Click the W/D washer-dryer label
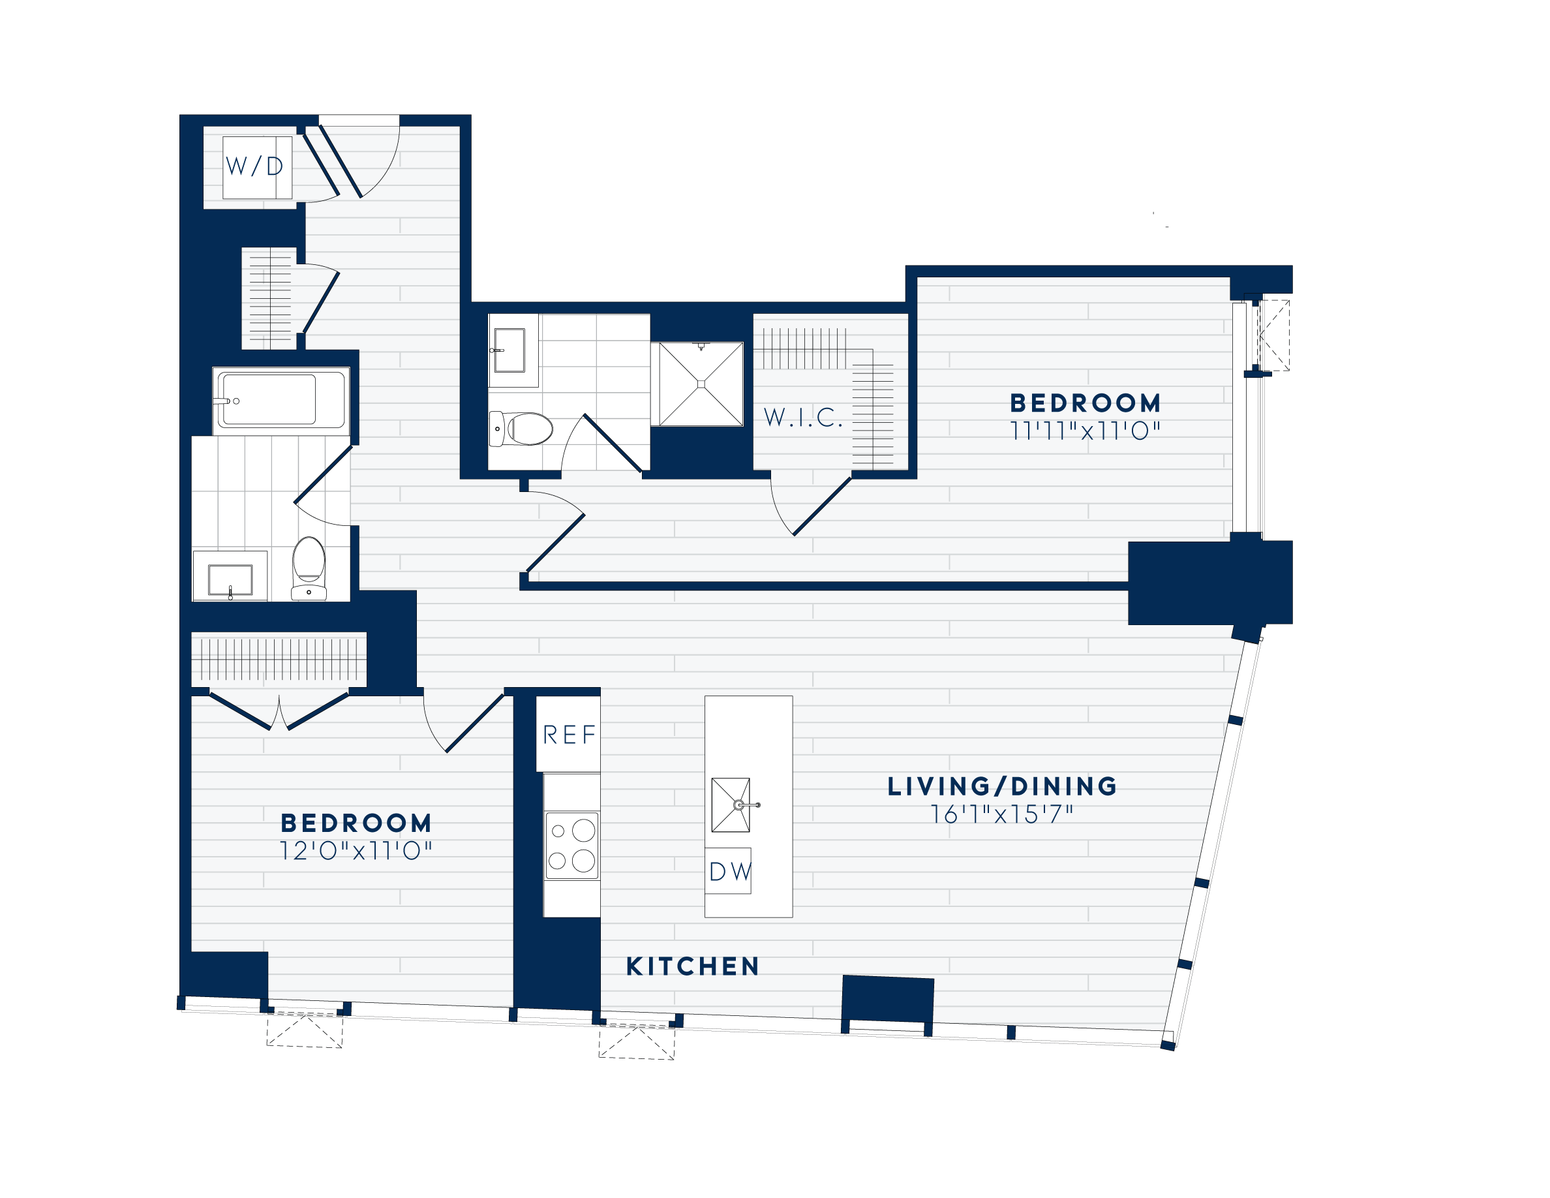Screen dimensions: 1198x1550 [x=255, y=166]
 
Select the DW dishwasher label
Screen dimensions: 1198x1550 [x=729, y=871]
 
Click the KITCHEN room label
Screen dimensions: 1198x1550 [x=693, y=966]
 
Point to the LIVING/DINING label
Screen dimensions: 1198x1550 [x=1002, y=786]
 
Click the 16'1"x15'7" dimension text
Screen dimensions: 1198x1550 [x=1002, y=814]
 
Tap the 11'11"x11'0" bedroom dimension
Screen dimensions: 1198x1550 [x=1085, y=430]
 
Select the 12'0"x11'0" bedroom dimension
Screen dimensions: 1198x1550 [x=356, y=850]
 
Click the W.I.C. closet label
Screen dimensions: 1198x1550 [x=802, y=418]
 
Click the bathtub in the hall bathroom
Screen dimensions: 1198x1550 [x=281, y=400]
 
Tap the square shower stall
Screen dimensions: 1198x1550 [x=701, y=384]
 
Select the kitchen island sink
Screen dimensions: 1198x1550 [x=731, y=805]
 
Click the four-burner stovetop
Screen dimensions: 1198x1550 [x=571, y=845]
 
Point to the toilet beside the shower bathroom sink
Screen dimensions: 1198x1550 [x=522, y=429]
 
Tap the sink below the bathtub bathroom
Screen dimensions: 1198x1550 [x=230, y=579]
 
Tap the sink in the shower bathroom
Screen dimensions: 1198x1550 [x=508, y=350]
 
